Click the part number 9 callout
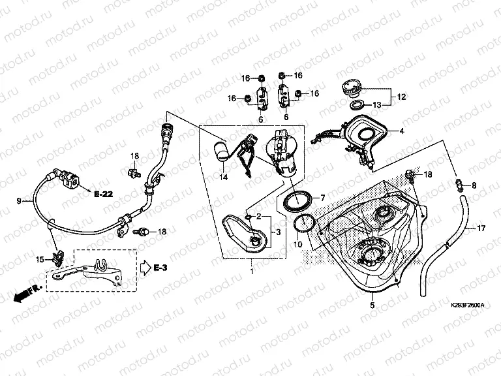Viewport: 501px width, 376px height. point(19,201)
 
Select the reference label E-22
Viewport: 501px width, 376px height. point(103,195)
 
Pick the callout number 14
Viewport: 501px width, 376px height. point(223,177)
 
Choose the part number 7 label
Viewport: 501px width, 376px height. point(322,196)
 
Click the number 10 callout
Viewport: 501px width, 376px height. point(298,244)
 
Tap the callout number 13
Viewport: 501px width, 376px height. point(377,104)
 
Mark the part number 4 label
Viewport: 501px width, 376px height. point(402,131)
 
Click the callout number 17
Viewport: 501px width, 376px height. point(481,228)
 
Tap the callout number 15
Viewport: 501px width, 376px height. point(38,259)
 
